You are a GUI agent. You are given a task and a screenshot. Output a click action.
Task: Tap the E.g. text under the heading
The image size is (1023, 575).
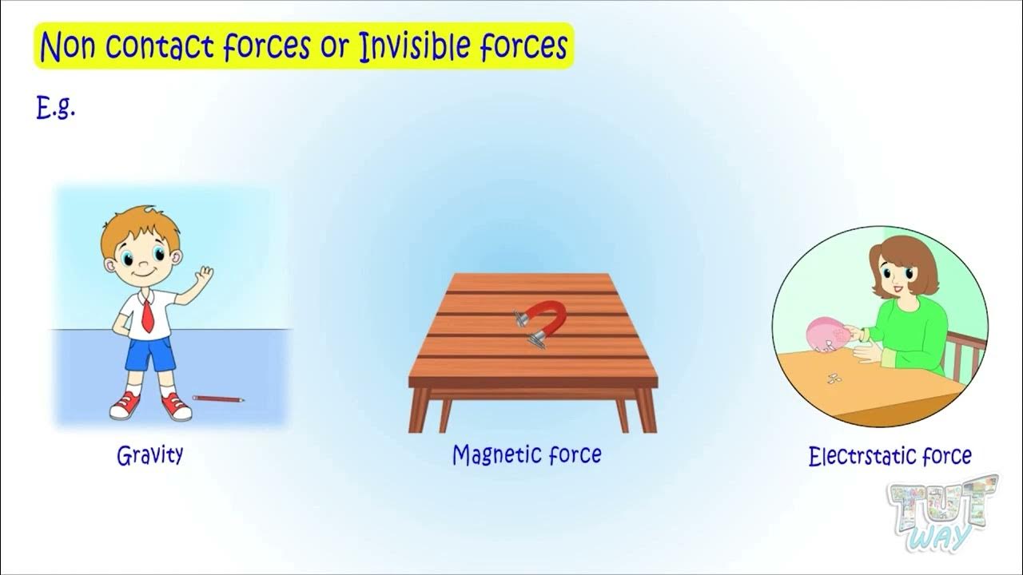click(x=56, y=109)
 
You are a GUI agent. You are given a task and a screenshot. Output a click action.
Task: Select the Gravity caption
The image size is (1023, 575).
click(x=150, y=455)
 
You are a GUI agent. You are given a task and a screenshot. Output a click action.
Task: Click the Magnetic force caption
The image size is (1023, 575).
click(x=527, y=455)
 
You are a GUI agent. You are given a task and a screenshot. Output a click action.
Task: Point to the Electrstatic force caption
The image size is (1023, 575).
click(x=890, y=457)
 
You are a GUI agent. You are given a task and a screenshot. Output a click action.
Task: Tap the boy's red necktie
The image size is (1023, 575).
click(x=148, y=313)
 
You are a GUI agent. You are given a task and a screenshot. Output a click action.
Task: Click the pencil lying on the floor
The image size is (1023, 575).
click(x=218, y=398)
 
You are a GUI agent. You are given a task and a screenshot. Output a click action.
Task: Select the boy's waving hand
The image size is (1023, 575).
click(x=205, y=277)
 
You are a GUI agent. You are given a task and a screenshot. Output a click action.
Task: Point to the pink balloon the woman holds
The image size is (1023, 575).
click(x=826, y=334)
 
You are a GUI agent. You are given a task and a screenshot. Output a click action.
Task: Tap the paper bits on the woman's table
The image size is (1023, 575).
click(x=834, y=377)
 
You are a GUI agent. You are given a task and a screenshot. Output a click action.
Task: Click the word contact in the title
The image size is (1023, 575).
click(x=160, y=48)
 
